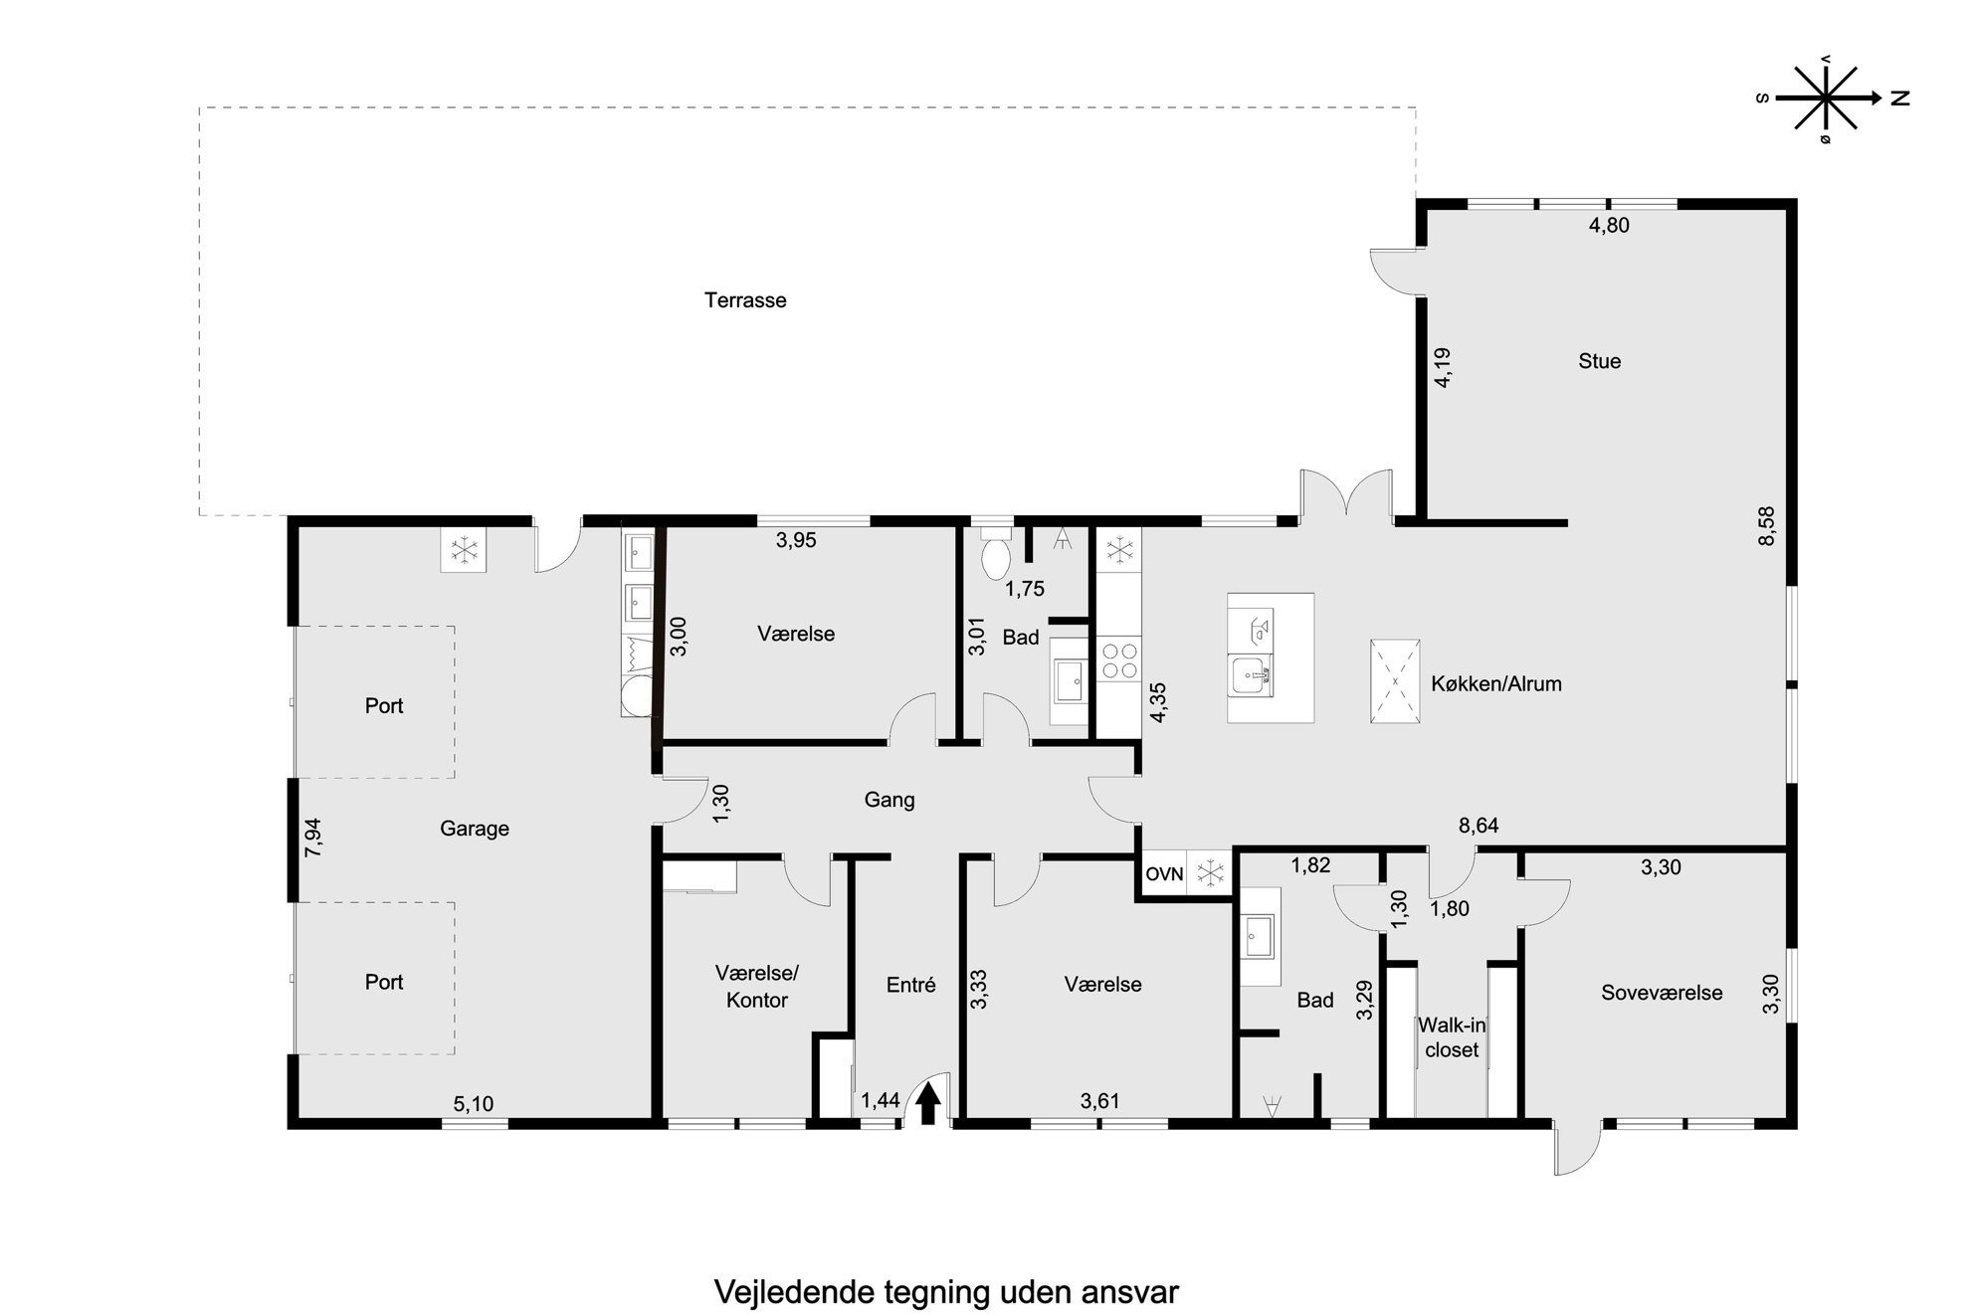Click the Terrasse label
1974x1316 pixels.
(745, 300)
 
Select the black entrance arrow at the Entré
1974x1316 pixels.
(928, 1103)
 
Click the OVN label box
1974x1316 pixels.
(1164, 874)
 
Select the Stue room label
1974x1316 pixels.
(1599, 361)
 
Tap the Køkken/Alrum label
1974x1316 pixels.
(1496, 684)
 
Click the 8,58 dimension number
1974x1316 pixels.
(1766, 526)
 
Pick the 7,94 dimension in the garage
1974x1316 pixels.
(313, 838)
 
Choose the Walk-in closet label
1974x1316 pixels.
(1452, 1037)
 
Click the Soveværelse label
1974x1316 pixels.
(1662, 993)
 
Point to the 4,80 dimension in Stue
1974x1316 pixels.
(1609, 226)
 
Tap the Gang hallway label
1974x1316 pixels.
(888, 800)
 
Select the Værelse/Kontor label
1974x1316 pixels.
(757, 987)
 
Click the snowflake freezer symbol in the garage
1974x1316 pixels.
(464, 549)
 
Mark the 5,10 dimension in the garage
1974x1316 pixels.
(474, 1103)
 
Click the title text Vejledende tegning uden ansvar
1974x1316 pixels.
(946, 1293)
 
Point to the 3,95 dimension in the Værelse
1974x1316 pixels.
(796, 540)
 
